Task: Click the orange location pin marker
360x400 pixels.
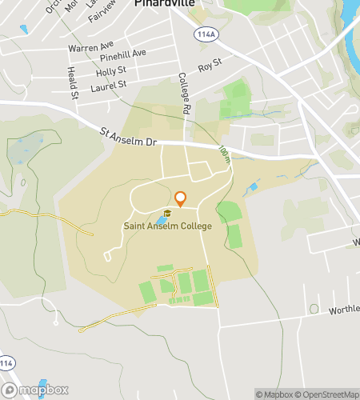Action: click(x=180, y=198)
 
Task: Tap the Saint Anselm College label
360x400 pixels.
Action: click(x=168, y=226)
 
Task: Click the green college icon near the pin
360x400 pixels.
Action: click(x=167, y=214)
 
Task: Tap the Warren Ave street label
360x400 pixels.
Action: click(x=91, y=47)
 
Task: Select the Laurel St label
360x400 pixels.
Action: click(x=111, y=83)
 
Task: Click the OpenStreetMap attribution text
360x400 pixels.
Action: click(x=327, y=394)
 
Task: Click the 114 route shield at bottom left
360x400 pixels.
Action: click(x=7, y=362)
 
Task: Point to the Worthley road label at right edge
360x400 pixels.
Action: click(x=344, y=308)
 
